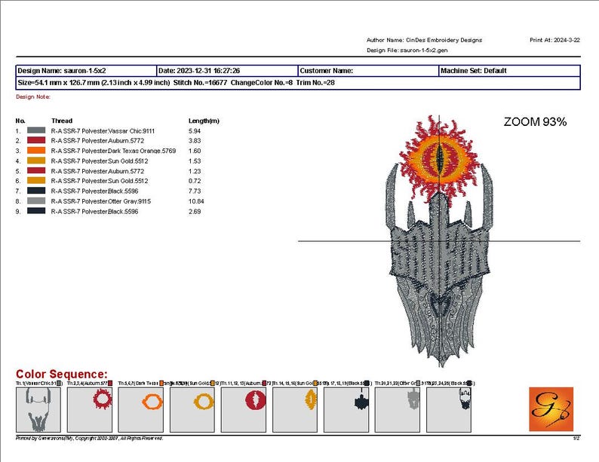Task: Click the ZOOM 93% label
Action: tap(535, 121)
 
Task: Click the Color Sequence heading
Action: tap(62, 375)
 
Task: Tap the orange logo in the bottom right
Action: tap(551, 409)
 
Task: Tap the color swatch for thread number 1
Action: tap(37, 130)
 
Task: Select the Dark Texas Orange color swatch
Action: tap(37, 151)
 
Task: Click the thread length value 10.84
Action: tap(195, 202)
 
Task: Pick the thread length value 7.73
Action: tap(194, 191)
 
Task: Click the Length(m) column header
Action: tap(204, 121)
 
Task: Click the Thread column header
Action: tap(62, 121)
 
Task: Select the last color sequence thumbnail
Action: tap(448, 409)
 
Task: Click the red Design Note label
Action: tap(33, 96)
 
